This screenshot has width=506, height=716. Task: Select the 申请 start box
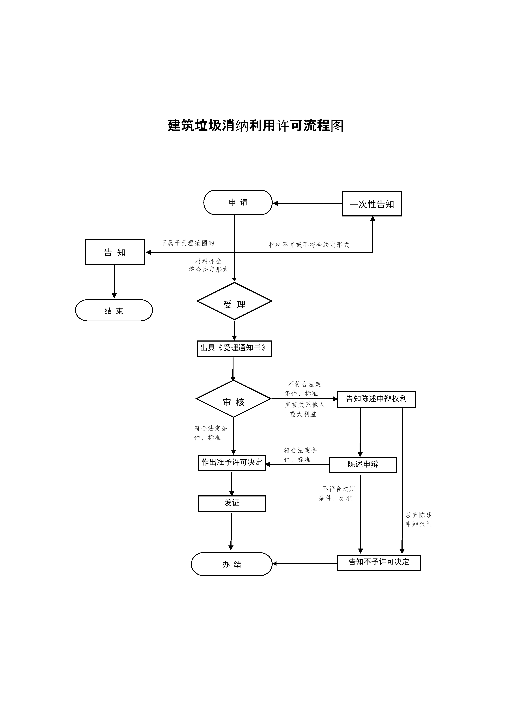coord(238,202)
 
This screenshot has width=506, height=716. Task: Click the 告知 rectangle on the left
coord(115,252)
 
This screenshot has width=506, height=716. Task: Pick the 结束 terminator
coord(114,310)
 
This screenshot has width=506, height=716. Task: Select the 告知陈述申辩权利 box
coord(376,399)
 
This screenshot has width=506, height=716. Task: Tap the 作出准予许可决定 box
coord(232,463)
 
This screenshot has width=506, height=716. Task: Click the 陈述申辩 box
coord(363,465)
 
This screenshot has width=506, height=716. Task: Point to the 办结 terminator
coord(232,564)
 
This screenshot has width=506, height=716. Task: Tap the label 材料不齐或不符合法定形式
coord(309,245)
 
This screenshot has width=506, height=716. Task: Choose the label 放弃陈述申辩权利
coord(419,519)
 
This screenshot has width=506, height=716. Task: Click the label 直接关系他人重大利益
coord(305,409)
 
